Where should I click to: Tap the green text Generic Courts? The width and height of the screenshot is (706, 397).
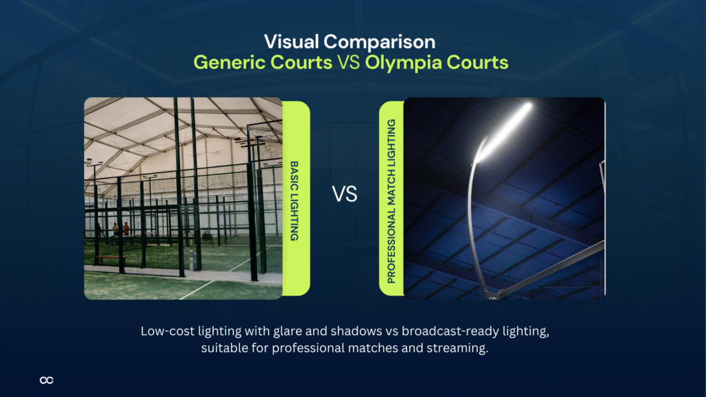(262, 63)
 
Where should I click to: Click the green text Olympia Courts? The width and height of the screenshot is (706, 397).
(436, 63)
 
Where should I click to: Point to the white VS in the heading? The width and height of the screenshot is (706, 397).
(349, 63)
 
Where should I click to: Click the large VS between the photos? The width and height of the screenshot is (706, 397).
(345, 194)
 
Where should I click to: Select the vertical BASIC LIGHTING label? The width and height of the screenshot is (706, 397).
(294, 201)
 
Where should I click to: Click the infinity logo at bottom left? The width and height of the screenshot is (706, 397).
(47, 380)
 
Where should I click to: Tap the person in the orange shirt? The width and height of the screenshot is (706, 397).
(126, 230)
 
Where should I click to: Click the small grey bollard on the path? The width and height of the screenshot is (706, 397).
(191, 263)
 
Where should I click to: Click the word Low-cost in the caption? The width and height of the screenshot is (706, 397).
(166, 332)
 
